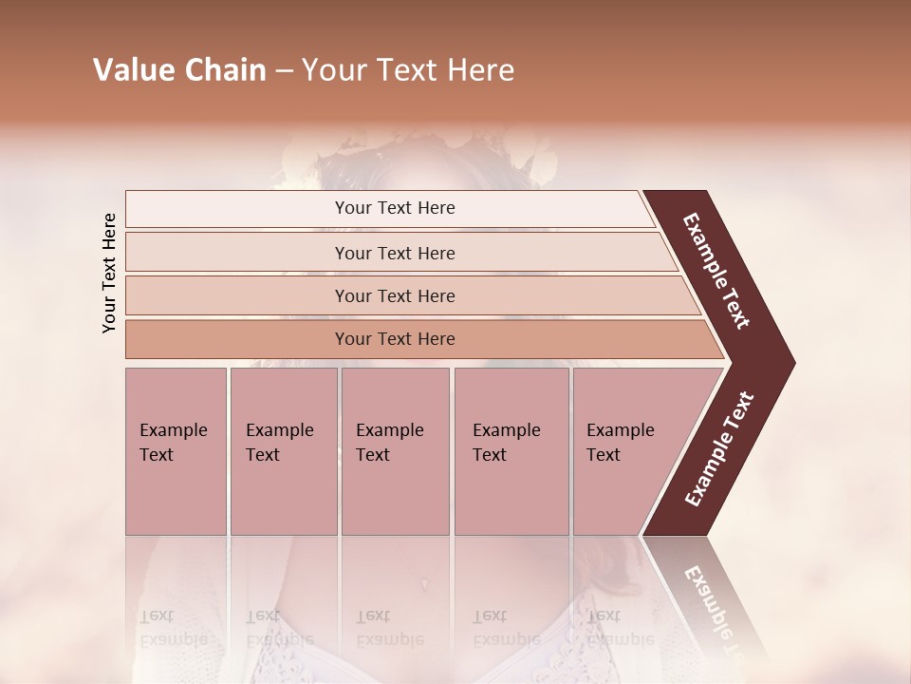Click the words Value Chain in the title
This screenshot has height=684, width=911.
pos(179,70)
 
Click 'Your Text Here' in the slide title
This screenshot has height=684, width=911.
pos(408,70)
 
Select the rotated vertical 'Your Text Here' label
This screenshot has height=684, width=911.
pos(109,273)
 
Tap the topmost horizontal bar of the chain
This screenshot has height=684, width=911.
pos(395,208)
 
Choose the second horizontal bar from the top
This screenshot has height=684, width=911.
pos(395,253)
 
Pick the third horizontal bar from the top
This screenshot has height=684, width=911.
pos(395,295)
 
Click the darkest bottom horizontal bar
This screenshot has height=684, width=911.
pos(395,339)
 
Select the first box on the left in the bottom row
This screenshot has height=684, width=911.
pos(176,450)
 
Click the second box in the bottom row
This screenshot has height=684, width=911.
pos(283,450)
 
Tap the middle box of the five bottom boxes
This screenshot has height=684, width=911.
pos(395,450)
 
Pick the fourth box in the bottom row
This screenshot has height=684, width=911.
pos(511,450)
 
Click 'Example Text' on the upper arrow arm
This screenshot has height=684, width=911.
pos(717,271)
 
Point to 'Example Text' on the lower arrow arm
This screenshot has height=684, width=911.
pos(719,449)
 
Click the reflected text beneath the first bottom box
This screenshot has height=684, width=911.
pos(173,628)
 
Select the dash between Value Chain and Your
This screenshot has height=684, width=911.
pos(284,70)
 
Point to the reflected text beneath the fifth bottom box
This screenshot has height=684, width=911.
pos(620,628)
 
